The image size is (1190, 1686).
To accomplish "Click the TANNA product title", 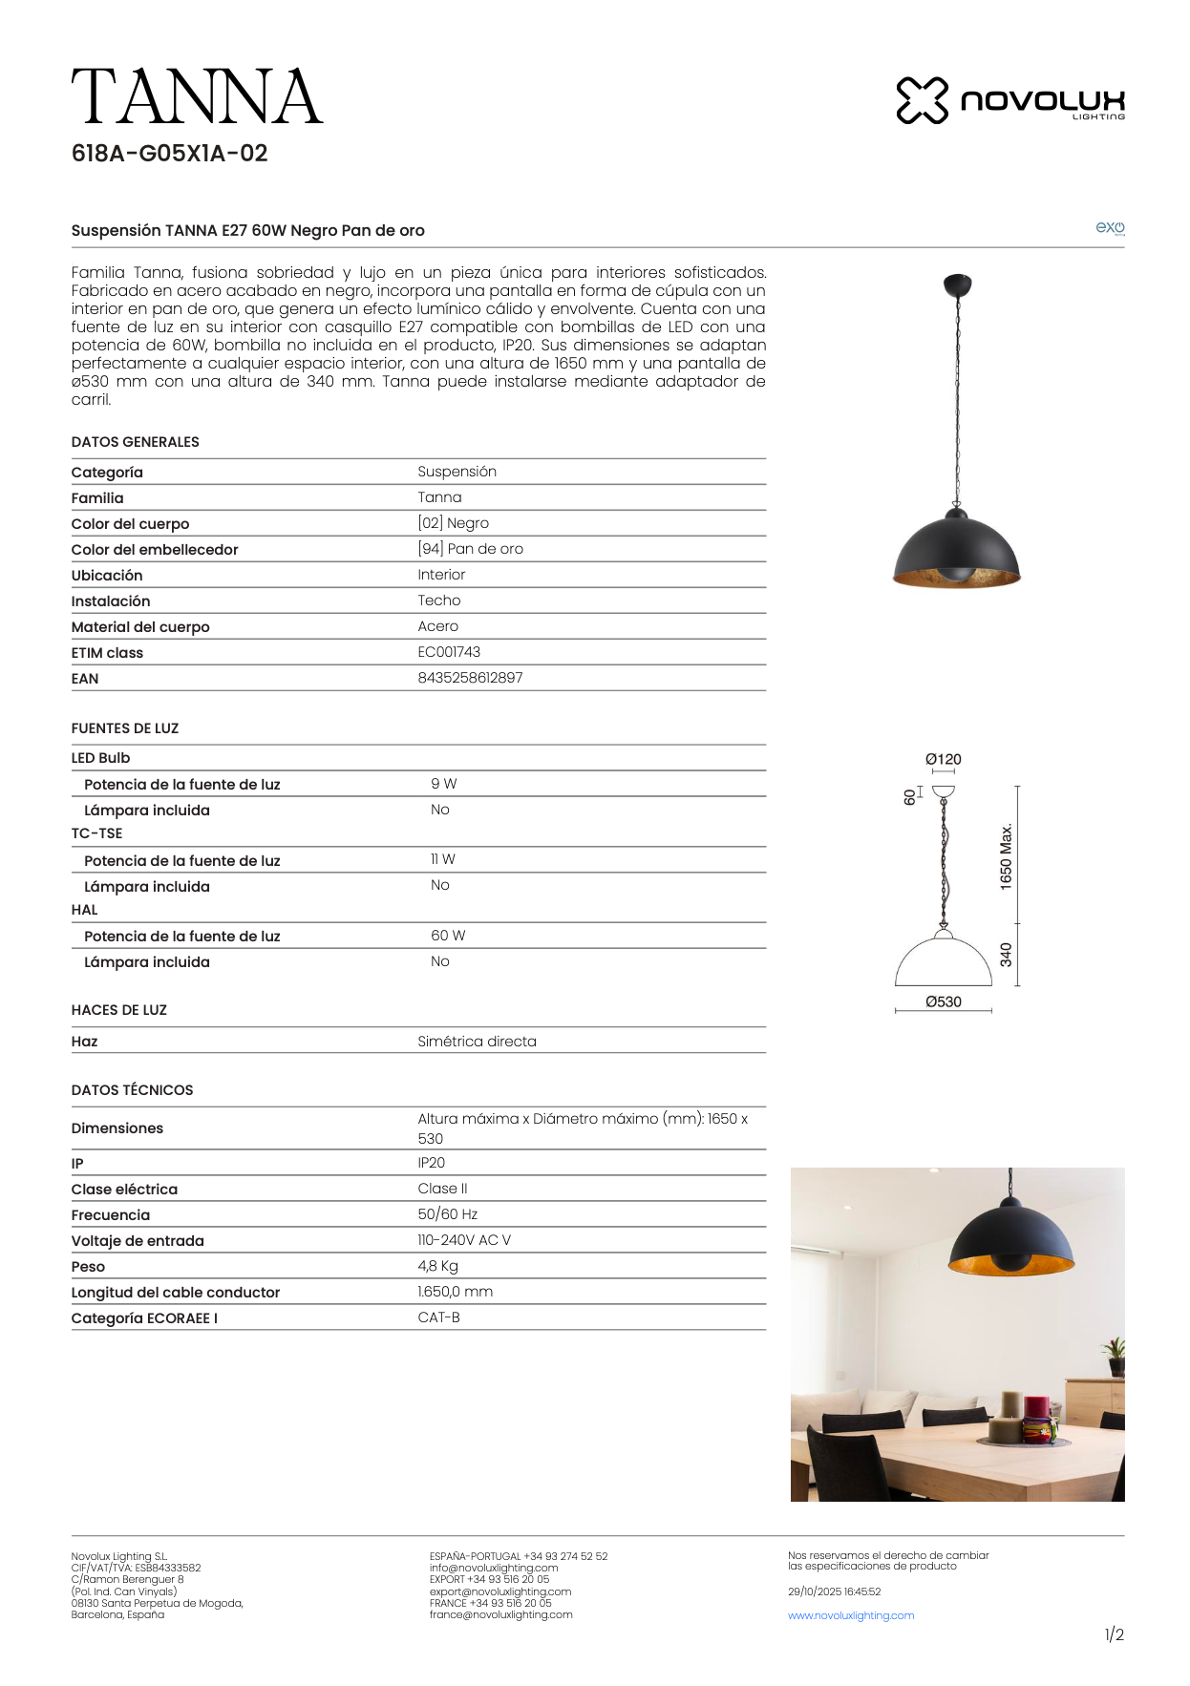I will (197, 97).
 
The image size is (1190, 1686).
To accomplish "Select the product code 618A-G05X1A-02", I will (169, 154).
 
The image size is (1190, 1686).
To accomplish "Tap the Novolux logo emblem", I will (922, 100).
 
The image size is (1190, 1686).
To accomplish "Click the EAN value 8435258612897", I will (470, 678).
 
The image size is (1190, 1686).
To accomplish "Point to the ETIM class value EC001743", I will (449, 652).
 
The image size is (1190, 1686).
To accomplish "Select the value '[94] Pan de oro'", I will (470, 549).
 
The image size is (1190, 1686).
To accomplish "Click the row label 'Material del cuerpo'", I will (140, 627).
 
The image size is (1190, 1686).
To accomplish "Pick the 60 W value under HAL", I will (448, 936).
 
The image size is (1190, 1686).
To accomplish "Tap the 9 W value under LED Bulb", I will (443, 784).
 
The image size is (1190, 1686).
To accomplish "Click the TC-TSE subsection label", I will (96, 833).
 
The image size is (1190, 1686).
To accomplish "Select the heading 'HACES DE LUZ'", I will (118, 1010).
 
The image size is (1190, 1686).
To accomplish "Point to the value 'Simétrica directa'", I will (477, 1042).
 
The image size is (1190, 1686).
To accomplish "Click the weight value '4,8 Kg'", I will (437, 1266).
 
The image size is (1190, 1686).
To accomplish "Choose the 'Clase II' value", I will (442, 1189).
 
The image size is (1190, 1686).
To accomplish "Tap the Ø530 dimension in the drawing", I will (943, 1001).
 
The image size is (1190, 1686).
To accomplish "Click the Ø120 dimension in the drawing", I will (943, 759).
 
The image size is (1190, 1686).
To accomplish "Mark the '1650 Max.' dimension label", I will (1006, 856).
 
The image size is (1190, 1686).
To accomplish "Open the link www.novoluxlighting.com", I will (851, 1615).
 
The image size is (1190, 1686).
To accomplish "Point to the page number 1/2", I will (1114, 1634).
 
